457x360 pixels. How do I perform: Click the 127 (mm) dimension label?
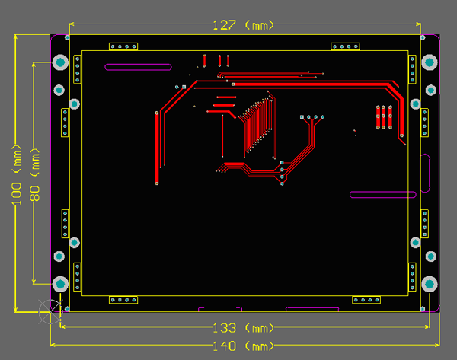pos(244,25)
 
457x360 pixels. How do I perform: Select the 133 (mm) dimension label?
pos(244,328)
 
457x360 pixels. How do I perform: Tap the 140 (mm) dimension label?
pos(244,346)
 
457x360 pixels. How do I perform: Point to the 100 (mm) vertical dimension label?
pos(16,175)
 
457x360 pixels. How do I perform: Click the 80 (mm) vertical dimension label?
pos(35,175)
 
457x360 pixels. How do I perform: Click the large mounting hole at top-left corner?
pos(60,62)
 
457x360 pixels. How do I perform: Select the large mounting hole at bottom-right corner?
pos(430,284)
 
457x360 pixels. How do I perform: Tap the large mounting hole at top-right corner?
pos(430,62)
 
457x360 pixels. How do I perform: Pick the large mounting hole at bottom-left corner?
pos(60,284)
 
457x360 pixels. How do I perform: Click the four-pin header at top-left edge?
pos(123,46)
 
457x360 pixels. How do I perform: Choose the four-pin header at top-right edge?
pos(345,46)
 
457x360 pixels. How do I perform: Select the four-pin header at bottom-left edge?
pos(123,300)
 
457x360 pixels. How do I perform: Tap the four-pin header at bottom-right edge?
pos(366,300)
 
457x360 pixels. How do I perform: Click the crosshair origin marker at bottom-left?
pos(51,311)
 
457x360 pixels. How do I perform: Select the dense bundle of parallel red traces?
pos(257,126)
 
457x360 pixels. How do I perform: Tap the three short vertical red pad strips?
pos(384,117)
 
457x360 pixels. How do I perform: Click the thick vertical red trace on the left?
pos(157,148)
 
